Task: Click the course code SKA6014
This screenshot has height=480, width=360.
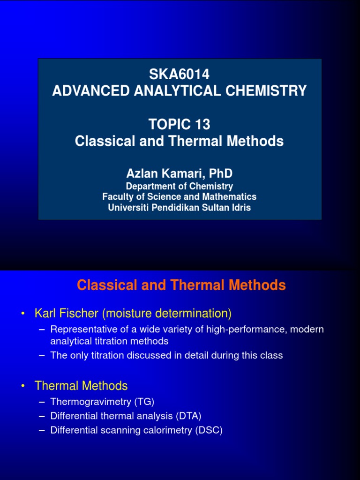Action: tap(180, 74)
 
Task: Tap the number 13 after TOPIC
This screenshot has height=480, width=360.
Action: tap(202, 125)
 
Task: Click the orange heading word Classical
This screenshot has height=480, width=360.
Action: tap(108, 285)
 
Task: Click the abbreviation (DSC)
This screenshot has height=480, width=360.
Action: tap(209, 430)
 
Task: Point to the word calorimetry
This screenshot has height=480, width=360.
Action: tap(170, 430)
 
